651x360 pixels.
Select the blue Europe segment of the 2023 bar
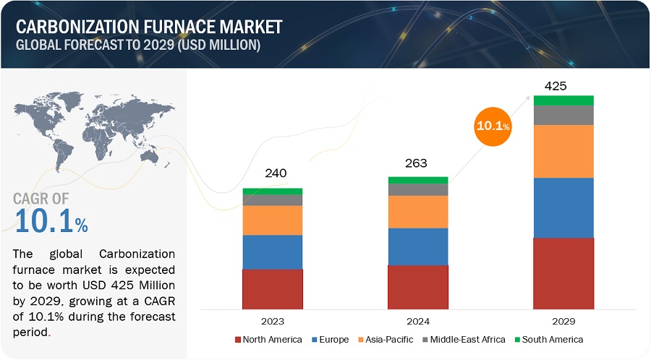(x=272, y=252)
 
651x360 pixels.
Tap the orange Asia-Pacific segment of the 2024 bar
(x=417, y=212)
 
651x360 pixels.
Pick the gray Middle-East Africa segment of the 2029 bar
(x=563, y=115)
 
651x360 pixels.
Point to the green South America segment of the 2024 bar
(x=417, y=180)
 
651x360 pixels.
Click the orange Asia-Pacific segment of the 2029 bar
(x=563, y=151)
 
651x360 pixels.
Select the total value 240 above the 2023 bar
(x=276, y=173)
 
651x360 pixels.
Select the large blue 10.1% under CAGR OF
(x=51, y=222)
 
